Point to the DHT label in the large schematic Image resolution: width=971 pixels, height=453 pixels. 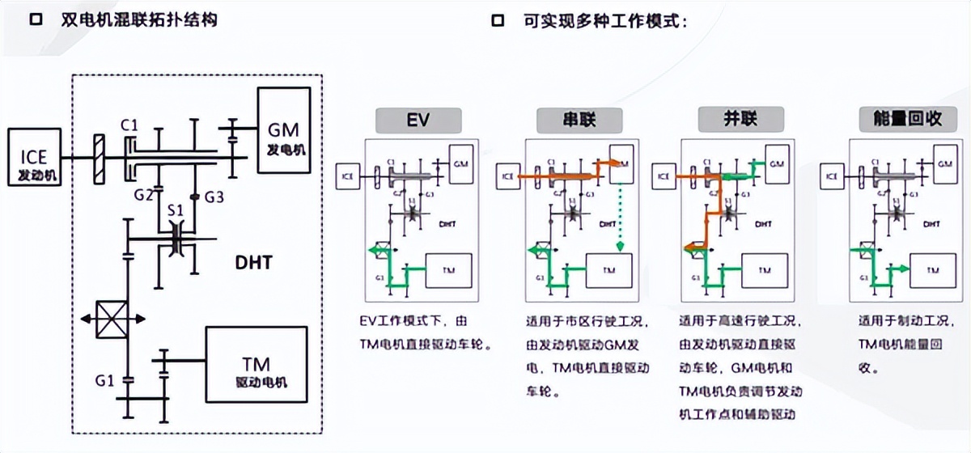pos(252,262)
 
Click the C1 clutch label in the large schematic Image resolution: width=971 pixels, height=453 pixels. pos(129,125)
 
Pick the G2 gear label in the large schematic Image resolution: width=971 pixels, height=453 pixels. pos(144,196)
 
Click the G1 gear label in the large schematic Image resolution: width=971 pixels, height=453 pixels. pos(105,379)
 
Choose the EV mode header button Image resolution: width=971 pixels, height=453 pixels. pos(418,121)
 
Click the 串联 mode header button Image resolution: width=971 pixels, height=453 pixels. pos(579,121)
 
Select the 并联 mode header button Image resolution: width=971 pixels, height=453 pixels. pos(740,121)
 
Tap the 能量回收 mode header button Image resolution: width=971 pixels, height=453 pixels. pos(901,121)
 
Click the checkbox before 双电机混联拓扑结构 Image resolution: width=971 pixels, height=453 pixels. pos(36,20)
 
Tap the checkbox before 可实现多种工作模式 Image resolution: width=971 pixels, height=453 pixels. pos(498,20)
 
